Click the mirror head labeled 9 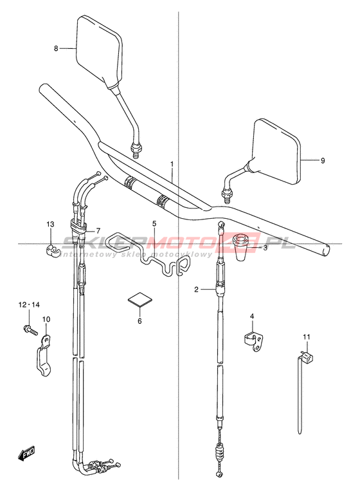point(276,151)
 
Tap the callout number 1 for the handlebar point(172,164)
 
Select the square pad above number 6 point(140,299)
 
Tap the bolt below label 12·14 point(30,329)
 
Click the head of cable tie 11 point(308,357)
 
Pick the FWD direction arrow point(26,454)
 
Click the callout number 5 point(154,223)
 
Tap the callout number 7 point(98,231)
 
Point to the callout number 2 point(196,290)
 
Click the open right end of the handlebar point(325,250)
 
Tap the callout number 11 point(306,337)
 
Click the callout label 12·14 point(29,304)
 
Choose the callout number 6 point(139,321)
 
